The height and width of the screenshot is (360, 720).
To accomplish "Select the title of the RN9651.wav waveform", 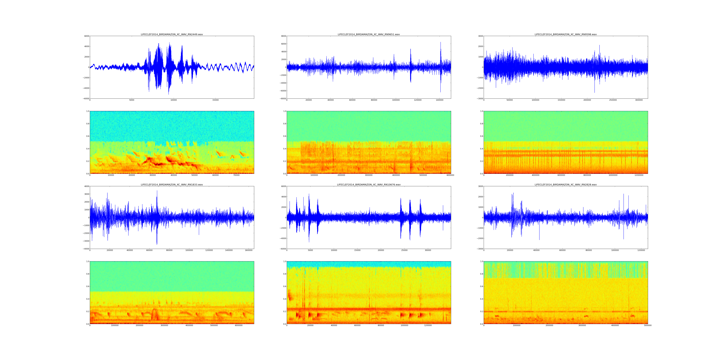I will pos(369,34).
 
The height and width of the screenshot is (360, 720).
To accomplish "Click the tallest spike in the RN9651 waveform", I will pos(441,42).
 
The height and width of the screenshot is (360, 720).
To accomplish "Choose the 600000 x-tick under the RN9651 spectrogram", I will pos(450,175).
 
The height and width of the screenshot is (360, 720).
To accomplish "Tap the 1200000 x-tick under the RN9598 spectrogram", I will pos(639,175).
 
